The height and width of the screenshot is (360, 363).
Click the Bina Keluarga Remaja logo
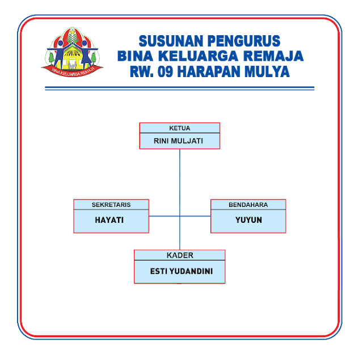73,51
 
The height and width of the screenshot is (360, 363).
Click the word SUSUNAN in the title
170,41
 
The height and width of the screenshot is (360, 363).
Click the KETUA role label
179,128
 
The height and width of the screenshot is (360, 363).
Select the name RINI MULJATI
179,141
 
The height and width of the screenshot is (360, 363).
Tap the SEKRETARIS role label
111,205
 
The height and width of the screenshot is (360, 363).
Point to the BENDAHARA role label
248,205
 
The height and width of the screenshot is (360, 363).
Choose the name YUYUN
248,220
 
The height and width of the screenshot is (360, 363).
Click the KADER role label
180,255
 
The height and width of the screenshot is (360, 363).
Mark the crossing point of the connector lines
180,216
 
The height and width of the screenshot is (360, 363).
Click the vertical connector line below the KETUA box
180,176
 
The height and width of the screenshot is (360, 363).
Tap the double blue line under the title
179,88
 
